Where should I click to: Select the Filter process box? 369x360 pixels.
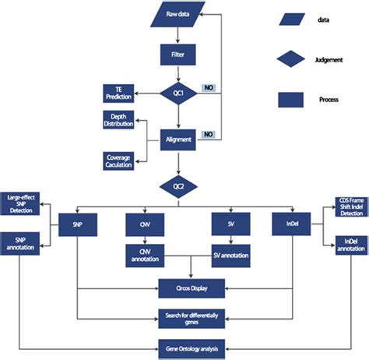pyautogui.click(x=178, y=55)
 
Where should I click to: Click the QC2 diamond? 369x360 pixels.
pyautogui.click(x=178, y=185)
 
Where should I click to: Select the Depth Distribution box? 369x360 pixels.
pyautogui.click(x=118, y=121)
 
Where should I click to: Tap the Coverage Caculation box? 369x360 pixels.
pyautogui.click(x=118, y=160)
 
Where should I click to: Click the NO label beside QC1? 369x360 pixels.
pyautogui.click(x=208, y=88)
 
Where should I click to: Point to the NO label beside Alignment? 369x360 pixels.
pyautogui.click(x=208, y=134)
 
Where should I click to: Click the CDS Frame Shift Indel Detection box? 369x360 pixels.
pyautogui.click(x=350, y=206)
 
